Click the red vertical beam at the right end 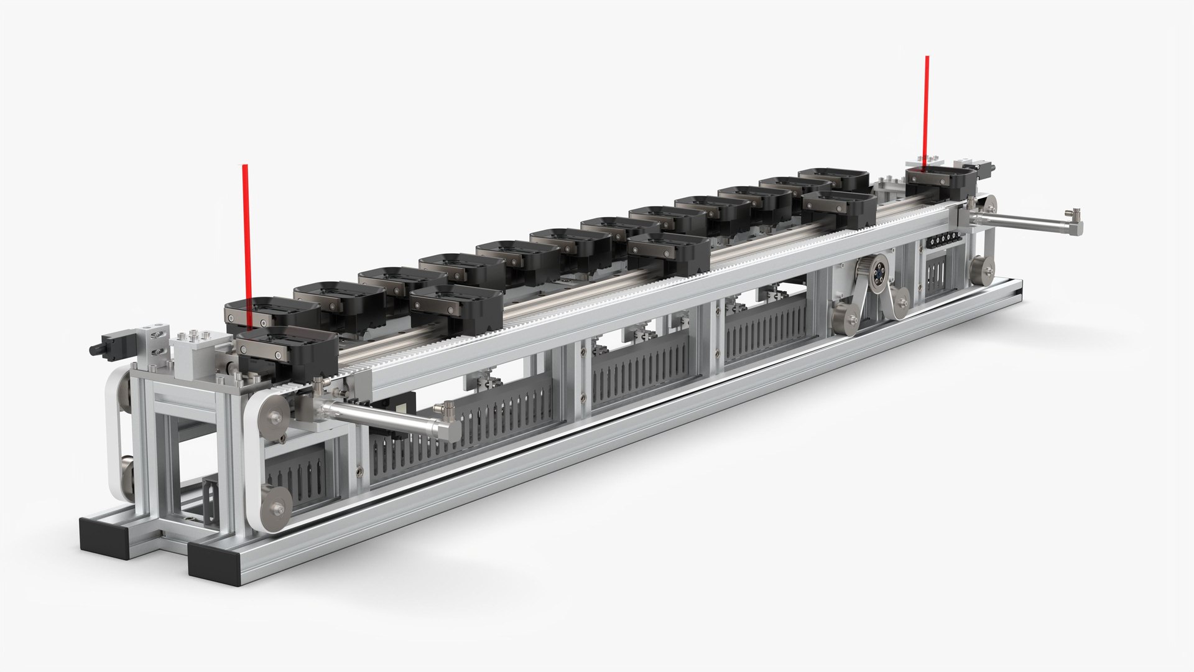click(927, 106)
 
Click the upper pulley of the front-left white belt click(274, 411)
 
